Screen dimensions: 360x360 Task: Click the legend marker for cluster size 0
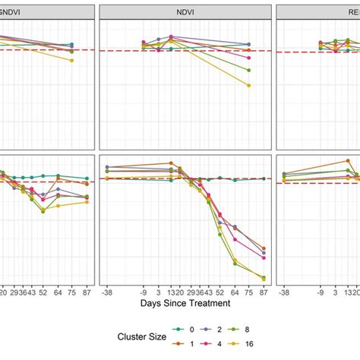179,329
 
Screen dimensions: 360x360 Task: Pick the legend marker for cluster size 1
179,342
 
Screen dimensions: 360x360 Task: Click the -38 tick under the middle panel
107,291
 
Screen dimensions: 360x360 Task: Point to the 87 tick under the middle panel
264,291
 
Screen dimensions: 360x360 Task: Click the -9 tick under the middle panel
144,291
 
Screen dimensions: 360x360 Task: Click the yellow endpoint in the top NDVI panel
249,85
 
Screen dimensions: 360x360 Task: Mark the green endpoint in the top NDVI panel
249,70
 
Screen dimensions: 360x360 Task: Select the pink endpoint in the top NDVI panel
249,57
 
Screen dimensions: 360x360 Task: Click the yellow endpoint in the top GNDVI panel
72,60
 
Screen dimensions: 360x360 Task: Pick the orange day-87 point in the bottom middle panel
264,248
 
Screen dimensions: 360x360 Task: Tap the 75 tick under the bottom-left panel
72,291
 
